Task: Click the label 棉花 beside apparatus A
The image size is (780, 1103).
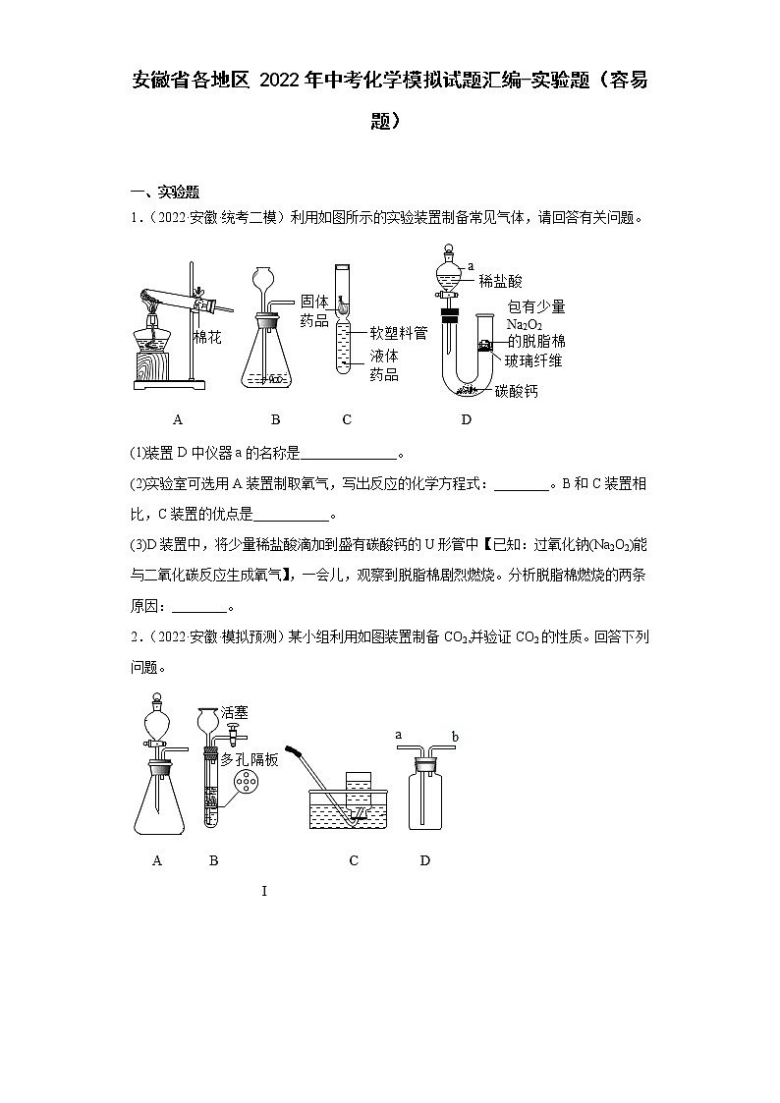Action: tap(207, 338)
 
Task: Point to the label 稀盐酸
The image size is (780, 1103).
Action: tap(501, 281)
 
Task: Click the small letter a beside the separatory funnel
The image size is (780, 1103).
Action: tap(471, 265)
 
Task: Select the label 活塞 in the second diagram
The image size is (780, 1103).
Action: tap(235, 712)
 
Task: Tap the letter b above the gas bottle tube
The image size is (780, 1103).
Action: tap(454, 736)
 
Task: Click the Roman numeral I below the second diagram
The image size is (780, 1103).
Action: tap(264, 891)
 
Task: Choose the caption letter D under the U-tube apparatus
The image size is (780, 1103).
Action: tap(466, 419)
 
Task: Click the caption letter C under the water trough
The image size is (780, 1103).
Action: tap(354, 860)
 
